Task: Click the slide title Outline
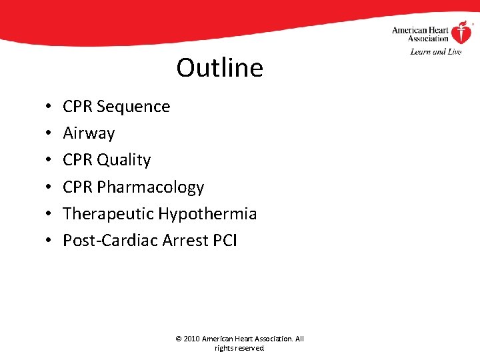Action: pyautogui.click(x=220, y=67)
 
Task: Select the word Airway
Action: pyautogui.click(x=89, y=134)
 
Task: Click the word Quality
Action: pyautogui.click(x=124, y=161)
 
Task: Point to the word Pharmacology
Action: pyautogui.click(x=151, y=187)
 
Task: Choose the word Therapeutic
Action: pyautogui.click(x=108, y=214)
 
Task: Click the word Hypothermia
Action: pyautogui.click(x=207, y=214)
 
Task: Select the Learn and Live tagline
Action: pyautogui.click(x=436, y=51)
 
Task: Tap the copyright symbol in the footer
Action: pyautogui.click(x=178, y=339)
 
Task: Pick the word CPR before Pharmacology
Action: pyautogui.click(x=78, y=187)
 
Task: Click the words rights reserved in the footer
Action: pyautogui.click(x=239, y=348)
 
